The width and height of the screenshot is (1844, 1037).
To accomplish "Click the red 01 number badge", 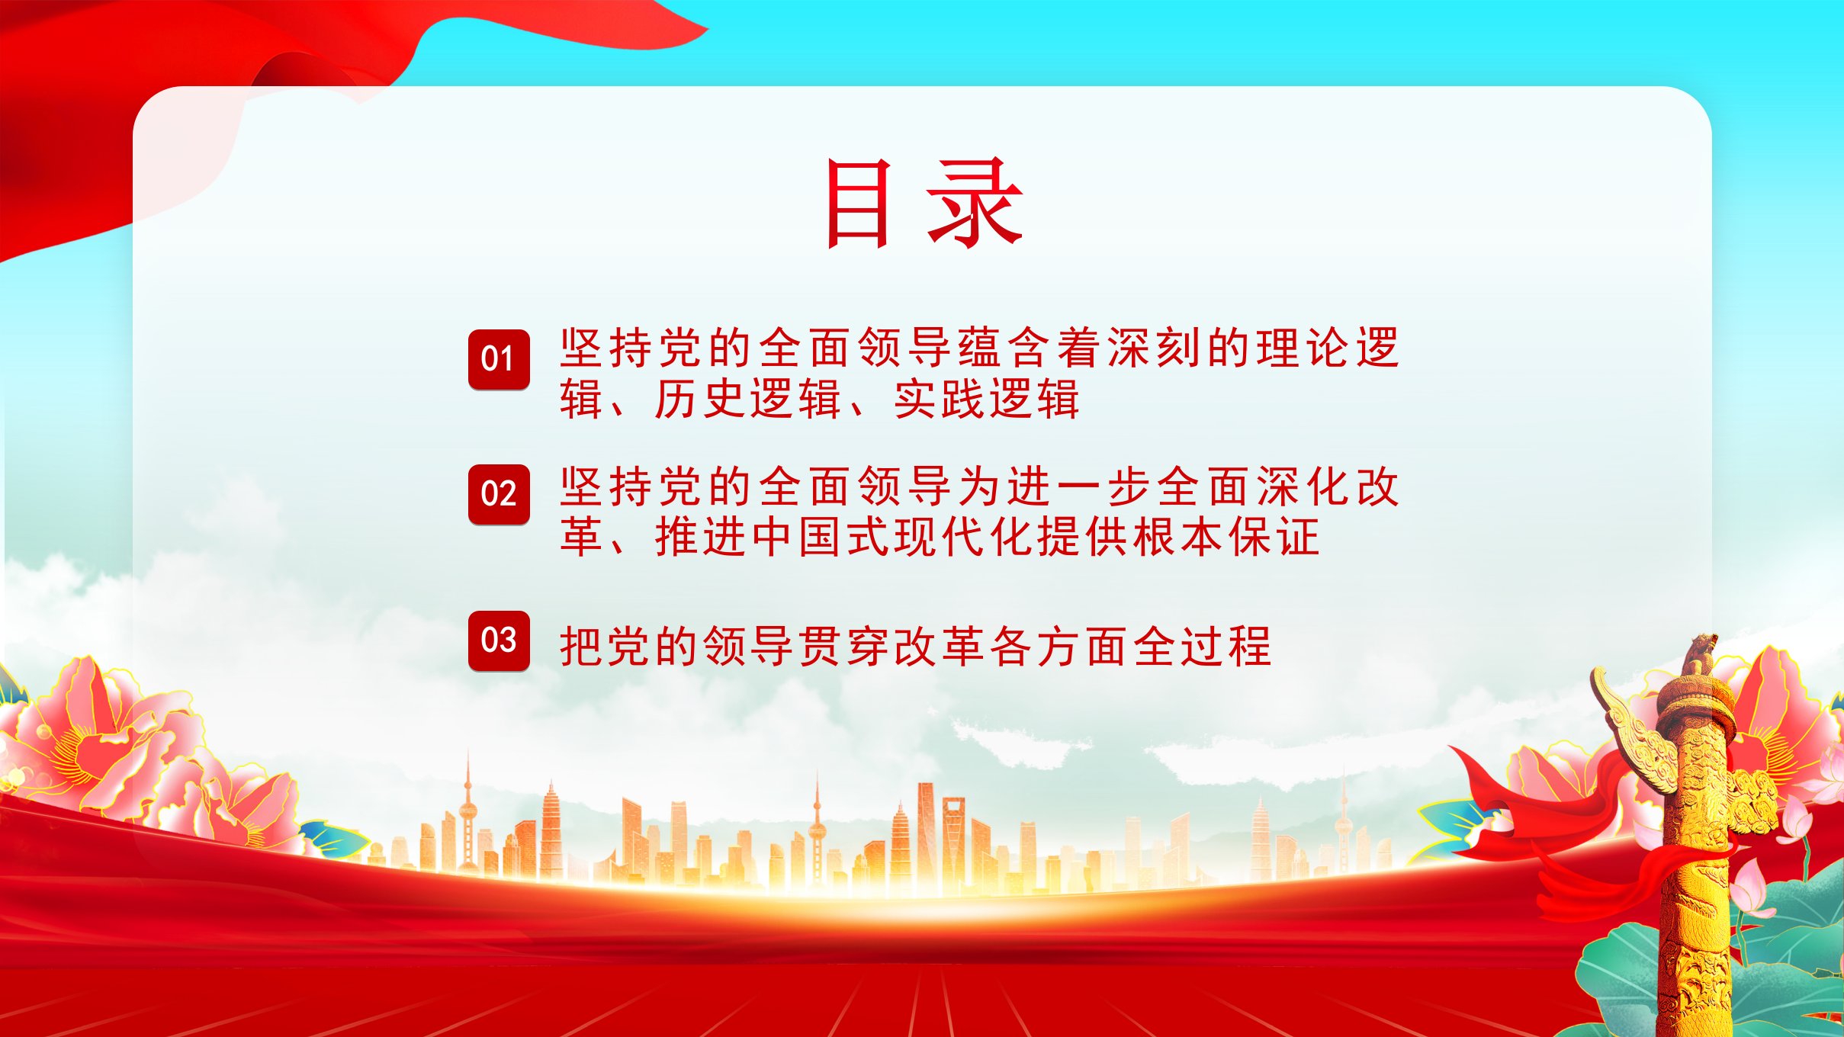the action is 499,359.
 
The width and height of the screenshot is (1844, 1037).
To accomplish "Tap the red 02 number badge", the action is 499,494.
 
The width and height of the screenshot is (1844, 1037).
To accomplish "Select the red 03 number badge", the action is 499,640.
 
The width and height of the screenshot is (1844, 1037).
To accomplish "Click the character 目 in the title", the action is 858,204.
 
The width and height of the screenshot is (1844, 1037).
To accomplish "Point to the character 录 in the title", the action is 975,204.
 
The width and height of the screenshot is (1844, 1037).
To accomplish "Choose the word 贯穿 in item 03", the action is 844,647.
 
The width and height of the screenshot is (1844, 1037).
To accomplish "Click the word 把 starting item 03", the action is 583,647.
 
